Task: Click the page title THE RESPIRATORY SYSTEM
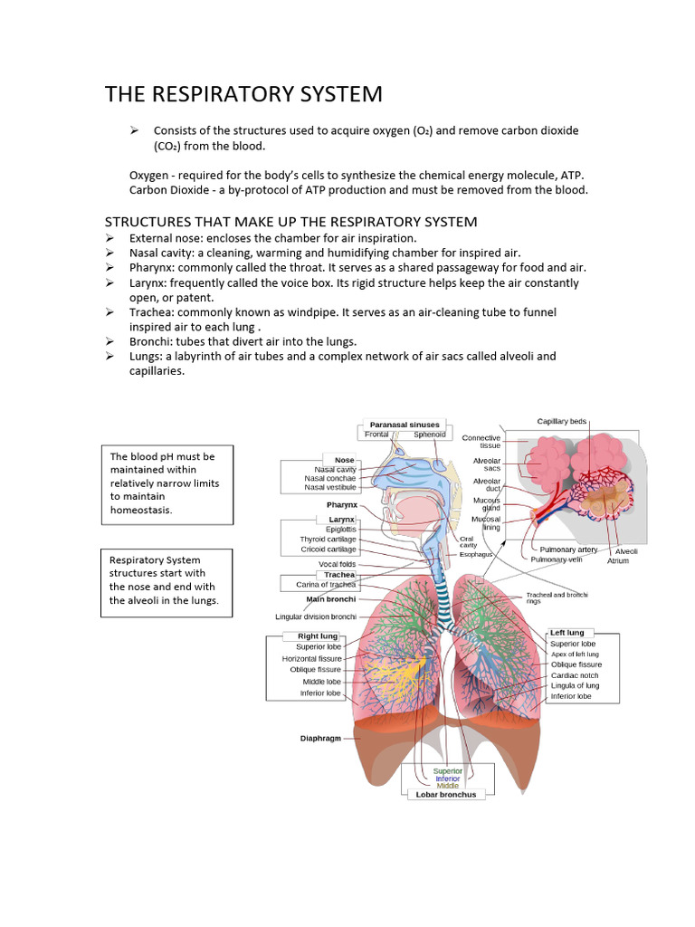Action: pos(243,94)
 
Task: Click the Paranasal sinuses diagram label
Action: pos(405,425)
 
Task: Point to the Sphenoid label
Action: pos(430,435)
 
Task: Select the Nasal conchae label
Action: pos(330,478)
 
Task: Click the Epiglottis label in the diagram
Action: pos(341,530)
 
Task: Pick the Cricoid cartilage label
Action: pos(328,550)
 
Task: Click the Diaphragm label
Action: pos(320,739)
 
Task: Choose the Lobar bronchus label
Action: pos(446,795)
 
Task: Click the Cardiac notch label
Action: pos(576,675)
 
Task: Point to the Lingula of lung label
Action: pos(575,686)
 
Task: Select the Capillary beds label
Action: pos(562,421)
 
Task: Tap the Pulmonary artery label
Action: pos(568,550)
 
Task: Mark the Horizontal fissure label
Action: pos(311,659)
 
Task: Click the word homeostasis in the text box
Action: pos(140,510)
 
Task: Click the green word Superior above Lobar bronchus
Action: pos(447,771)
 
